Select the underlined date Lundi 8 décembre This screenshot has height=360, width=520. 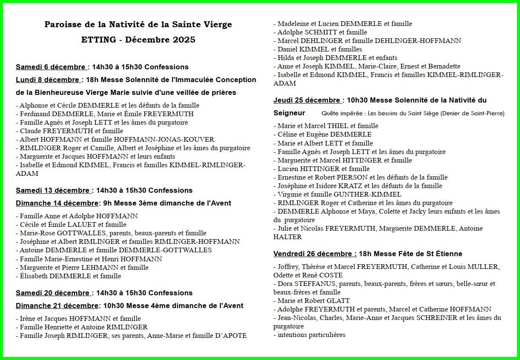tap(48, 80)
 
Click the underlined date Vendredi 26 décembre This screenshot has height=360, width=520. tap(315, 254)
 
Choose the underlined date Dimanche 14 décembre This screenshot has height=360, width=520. tap(57, 203)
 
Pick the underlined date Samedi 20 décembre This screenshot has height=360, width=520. tap(52, 293)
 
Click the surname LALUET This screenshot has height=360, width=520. tap(81, 224)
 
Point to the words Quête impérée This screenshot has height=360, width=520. tap(339, 113)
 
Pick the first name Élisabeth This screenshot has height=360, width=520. tap(34, 276)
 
